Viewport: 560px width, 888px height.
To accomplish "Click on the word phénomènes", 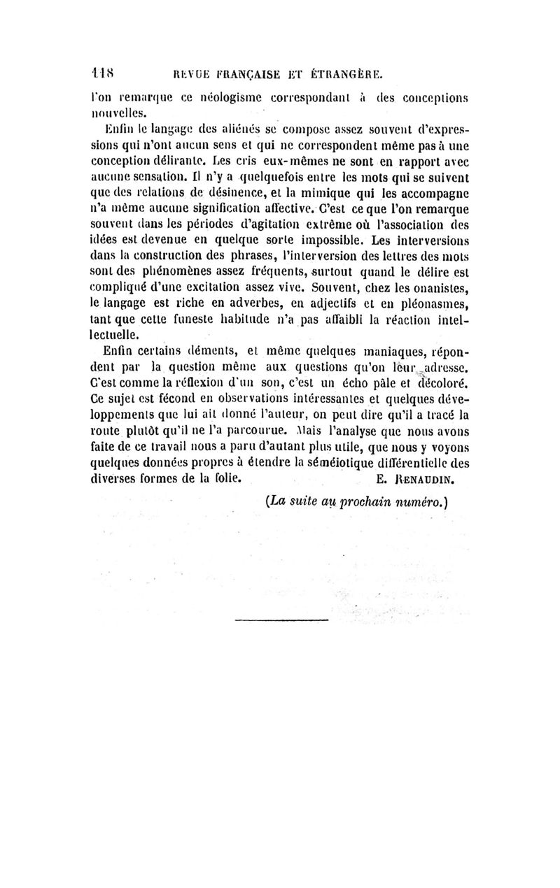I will [x=175, y=266].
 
